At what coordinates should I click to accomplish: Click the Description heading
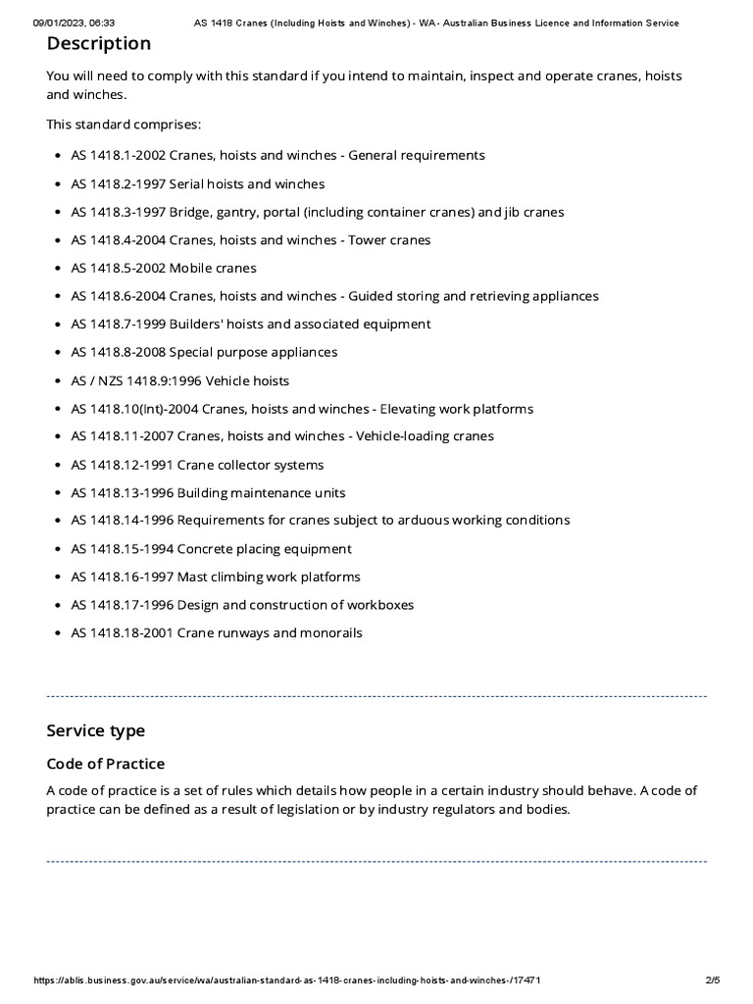(x=99, y=44)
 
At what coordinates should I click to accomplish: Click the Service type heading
(x=95, y=730)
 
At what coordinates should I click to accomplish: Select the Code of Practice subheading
(x=106, y=764)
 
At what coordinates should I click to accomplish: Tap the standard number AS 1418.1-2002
(x=118, y=155)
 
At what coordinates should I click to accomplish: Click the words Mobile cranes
(x=213, y=268)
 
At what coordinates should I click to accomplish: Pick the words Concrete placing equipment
(x=264, y=549)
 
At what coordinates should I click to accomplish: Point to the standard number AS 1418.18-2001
(x=122, y=632)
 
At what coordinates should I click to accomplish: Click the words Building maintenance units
(x=261, y=492)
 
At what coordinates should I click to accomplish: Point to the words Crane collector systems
(x=250, y=465)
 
